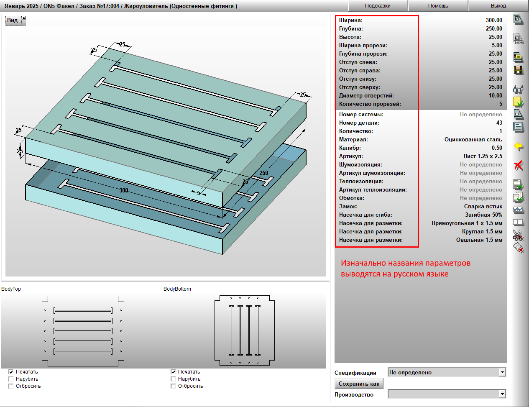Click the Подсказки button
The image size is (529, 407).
click(x=378, y=6)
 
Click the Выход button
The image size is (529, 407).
click(x=498, y=6)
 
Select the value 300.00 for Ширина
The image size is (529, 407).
click(x=494, y=20)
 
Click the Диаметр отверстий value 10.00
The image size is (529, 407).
click(x=495, y=95)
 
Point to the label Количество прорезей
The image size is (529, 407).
click(x=370, y=104)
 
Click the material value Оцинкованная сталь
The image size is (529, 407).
click(x=473, y=139)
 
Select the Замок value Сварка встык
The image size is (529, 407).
click(x=483, y=206)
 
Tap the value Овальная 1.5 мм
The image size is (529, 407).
click(x=479, y=240)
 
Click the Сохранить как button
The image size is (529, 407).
click(x=359, y=384)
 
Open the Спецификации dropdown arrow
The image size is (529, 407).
click(x=502, y=372)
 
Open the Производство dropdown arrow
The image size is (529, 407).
click(x=502, y=394)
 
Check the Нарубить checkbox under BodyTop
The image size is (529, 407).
click(x=11, y=379)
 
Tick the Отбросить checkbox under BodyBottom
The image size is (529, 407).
click(x=173, y=386)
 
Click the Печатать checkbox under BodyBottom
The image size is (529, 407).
click(x=173, y=372)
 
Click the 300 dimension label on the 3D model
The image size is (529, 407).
click(x=124, y=190)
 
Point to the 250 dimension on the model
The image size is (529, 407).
click(x=263, y=173)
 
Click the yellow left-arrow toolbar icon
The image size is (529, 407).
click(x=519, y=146)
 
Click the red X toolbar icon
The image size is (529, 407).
click(x=518, y=166)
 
